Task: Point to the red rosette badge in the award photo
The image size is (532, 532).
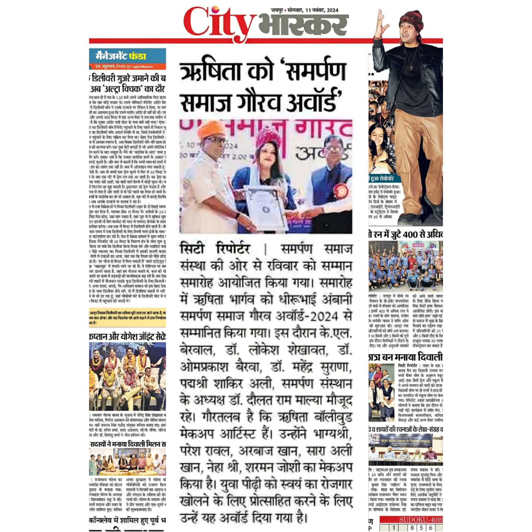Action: point(341,190)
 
